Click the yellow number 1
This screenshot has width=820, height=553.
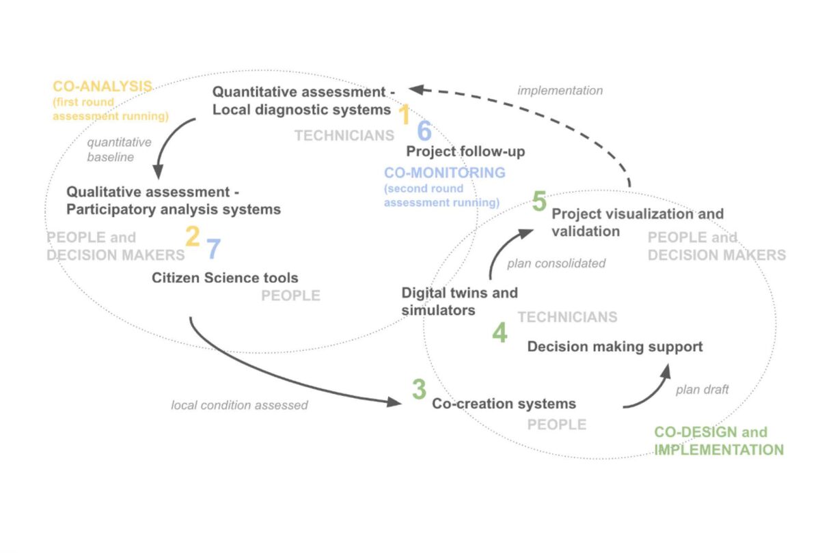(404, 115)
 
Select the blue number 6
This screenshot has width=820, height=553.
(424, 132)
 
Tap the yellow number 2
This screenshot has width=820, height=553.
(192, 236)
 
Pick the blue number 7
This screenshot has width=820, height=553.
(213, 249)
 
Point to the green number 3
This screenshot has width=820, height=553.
(418, 389)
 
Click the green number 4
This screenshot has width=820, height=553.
(500, 333)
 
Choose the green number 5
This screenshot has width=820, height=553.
(539, 202)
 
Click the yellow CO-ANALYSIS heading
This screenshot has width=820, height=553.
(102, 87)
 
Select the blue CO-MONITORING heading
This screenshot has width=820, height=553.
(445, 173)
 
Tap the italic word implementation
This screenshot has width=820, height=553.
(560, 90)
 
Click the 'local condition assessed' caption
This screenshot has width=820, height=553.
(239, 406)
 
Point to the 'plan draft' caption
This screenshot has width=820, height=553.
(702, 390)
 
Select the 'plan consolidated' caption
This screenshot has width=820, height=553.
(556, 264)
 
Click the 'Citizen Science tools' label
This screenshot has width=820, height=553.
(225, 278)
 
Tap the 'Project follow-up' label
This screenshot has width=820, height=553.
(465, 152)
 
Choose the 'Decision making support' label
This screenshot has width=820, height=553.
(614, 347)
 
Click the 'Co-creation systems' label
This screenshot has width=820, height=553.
(504, 403)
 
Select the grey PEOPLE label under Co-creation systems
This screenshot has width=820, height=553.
(556, 425)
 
